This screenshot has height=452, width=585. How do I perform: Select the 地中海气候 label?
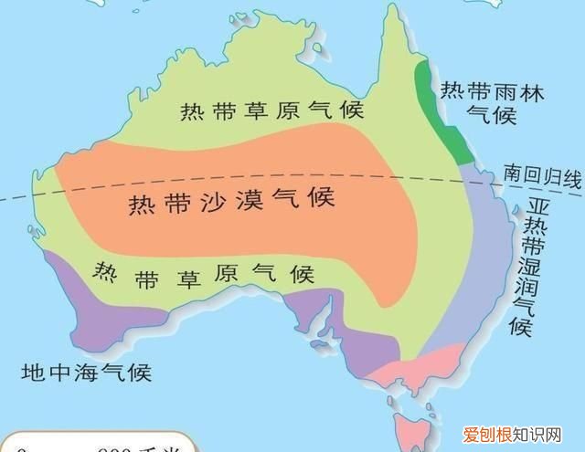pyautogui.click(x=87, y=373)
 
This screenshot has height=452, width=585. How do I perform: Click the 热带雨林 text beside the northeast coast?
pyautogui.click(x=479, y=90)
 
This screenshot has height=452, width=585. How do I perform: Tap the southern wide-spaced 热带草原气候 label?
pyautogui.click(x=205, y=273)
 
